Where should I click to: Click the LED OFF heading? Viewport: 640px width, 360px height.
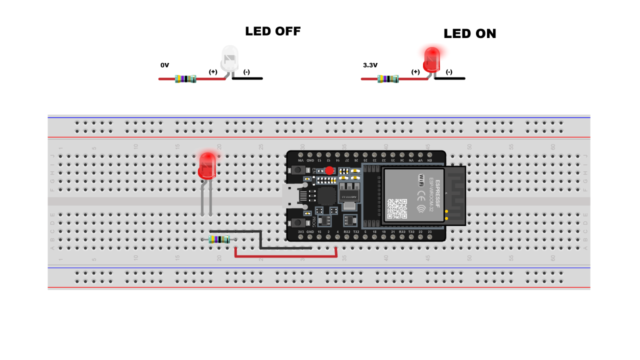point(272,31)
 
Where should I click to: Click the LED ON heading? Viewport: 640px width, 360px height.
point(469,33)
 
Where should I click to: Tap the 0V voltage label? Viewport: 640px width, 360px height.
point(165,65)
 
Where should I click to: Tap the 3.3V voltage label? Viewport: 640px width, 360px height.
point(370,65)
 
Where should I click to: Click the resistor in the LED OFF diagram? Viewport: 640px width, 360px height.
point(185,79)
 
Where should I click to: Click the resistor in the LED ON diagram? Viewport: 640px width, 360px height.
point(388,79)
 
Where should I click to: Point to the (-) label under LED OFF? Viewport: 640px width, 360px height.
point(246,72)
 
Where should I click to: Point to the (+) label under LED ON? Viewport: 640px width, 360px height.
point(415,72)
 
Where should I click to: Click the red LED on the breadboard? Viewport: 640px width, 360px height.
point(206,165)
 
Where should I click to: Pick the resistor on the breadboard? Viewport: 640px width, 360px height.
point(219,239)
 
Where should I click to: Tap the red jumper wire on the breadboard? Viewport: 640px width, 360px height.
point(285,257)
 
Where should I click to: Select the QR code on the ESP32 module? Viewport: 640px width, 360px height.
point(397,208)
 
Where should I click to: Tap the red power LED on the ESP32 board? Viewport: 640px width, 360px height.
point(329,170)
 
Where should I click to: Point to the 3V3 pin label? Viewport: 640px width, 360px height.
point(300,232)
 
